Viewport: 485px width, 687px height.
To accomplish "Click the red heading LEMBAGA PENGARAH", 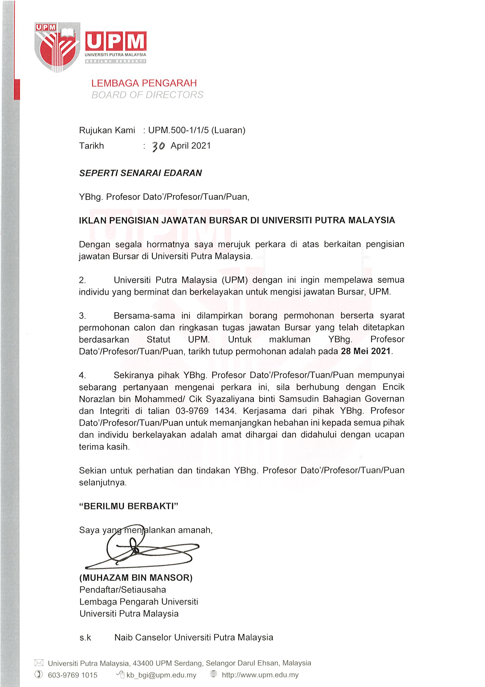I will pos(144,83).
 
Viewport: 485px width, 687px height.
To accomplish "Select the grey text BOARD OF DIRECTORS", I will pos(147,95).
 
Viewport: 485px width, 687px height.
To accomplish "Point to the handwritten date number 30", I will pos(158,146).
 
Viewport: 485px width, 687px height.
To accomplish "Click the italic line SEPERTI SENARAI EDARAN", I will pos(140,173).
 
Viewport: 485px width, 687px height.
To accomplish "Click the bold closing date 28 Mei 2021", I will pos(366,351).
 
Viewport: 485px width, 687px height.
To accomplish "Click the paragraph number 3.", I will pos(82,316).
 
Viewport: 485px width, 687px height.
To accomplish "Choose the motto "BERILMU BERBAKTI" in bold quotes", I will pos(129,506).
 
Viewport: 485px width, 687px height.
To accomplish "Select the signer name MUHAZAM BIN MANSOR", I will pos(136,577).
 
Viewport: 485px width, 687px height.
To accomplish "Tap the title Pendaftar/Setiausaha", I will pos(123,590).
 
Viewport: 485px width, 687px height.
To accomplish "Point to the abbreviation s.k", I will pos(85,637).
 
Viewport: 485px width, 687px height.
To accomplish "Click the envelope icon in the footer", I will pos(39,663).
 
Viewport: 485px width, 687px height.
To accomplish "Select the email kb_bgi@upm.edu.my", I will pos(161,675).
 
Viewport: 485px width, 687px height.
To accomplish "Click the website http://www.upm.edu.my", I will pos(260,675).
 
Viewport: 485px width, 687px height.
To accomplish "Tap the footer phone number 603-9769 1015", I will pos(72,675).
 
